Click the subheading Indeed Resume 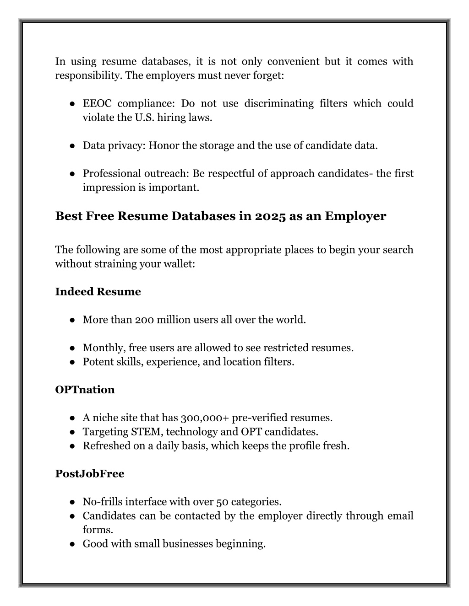point(98,292)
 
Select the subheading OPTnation point(85,390)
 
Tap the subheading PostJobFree point(89,474)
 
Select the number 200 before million point(144,320)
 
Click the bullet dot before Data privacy point(72,146)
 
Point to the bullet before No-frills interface point(72,502)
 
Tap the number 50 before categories point(222,502)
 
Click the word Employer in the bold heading point(355,216)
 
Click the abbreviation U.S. point(144,118)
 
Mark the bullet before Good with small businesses point(72,544)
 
